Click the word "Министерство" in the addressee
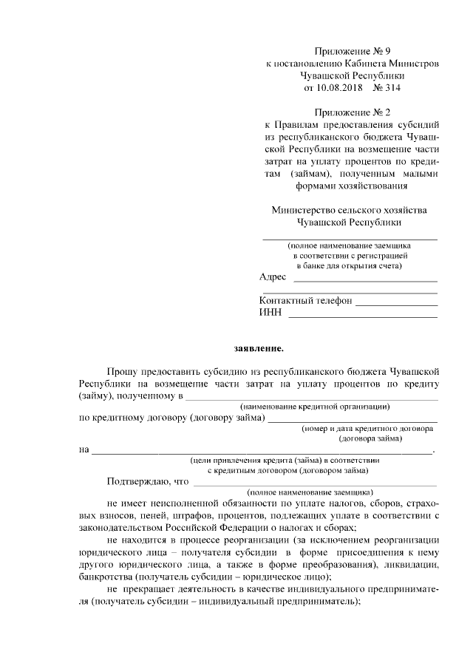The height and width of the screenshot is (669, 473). click(302, 210)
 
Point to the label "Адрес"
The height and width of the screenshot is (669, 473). click(273, 276)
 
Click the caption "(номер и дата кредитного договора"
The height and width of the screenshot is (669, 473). click(367, 428)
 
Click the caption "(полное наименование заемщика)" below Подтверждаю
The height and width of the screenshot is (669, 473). click(310, 492)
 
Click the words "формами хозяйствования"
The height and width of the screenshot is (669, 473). click(351, 186)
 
